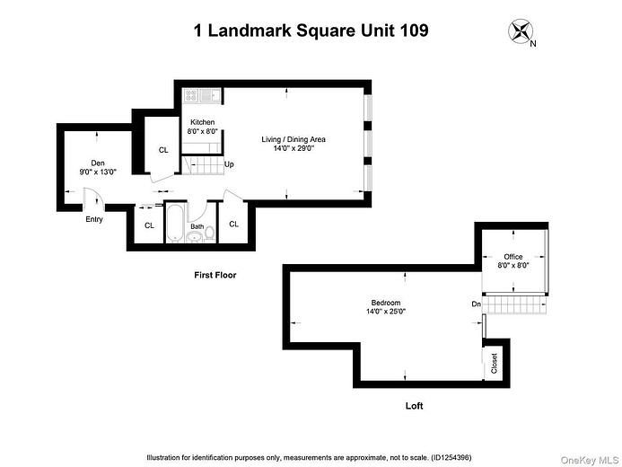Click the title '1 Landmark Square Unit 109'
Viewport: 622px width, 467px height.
pyautogui.click(x=311, y=31)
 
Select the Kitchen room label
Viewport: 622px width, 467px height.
pyautogui.click(x=203, y=122)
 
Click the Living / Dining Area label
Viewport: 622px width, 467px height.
pyautogui.click(x=293, y=139)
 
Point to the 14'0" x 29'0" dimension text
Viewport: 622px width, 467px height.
pyautogui.click(x=293, y=149)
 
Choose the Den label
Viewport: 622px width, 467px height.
pyautogui.click(x=98, y=163)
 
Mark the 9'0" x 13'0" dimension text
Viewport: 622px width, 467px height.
pyautogui.click(x=98, y=172)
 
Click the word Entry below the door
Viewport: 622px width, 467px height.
pyautogui.click(x=93, y=219)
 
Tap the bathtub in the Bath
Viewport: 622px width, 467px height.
pyautogui.click(x=176, y=222)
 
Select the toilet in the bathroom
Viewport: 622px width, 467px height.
pyautogui.click(x=210, y=232)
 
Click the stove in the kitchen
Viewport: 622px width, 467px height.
pyautogui.click(x=192, y=94)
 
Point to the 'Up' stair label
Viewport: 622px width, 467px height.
pyautogui.click(x=229, y=164)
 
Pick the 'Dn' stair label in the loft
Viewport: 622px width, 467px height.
pyautogui.click(x=476, y=304)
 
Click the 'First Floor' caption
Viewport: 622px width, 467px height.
pyautogui.click(x=215, y=275)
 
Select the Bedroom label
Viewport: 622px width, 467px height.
pyautogui.click(x=385, y=303)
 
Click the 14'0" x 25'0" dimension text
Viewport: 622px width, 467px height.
pyautogui.click(x=385, y=313)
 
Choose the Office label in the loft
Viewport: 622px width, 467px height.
pyautogui.click(x=512, y=257)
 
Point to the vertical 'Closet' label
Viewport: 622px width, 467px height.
pyautogui.click(x=495, y=363)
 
